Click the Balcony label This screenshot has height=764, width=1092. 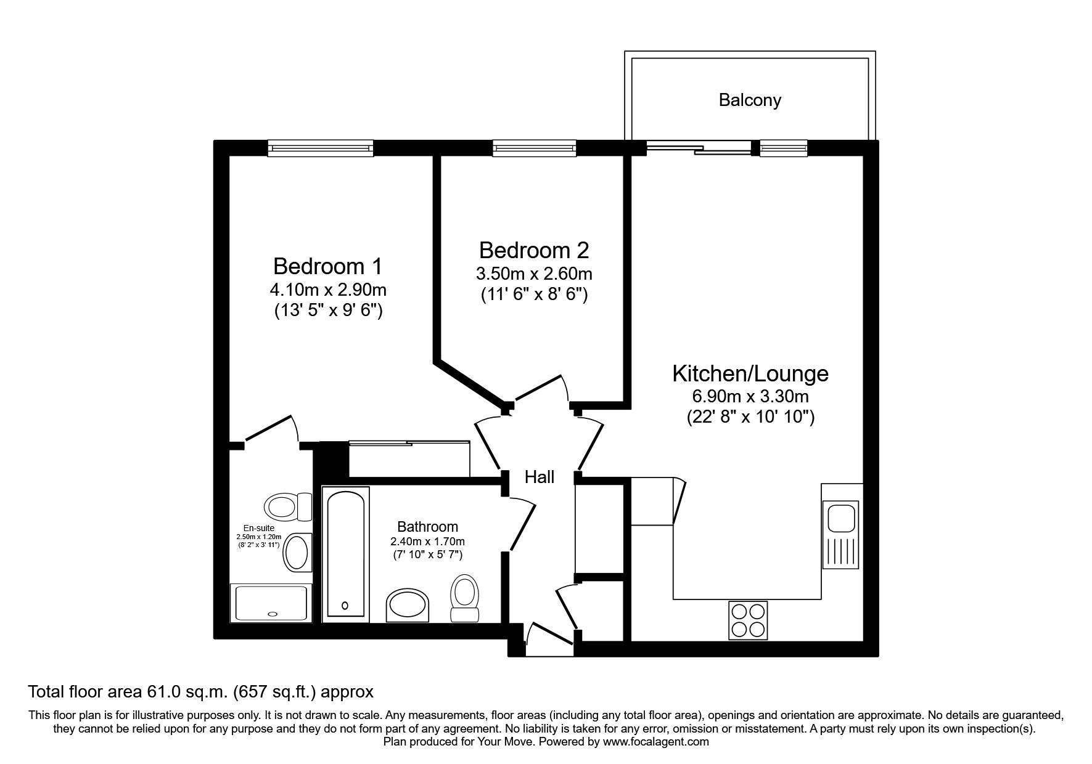[749, 100]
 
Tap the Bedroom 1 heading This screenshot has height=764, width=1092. [327, 266]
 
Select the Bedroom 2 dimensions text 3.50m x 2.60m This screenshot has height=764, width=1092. [533, 273]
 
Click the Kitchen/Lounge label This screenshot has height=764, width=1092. [750, 373]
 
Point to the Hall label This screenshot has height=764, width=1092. [540, 477]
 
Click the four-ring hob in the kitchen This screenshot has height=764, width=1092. [749, 619]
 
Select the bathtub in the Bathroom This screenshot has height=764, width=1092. [345, 553]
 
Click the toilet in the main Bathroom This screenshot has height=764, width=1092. [464, 596]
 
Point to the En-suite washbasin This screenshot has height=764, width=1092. [297, 553]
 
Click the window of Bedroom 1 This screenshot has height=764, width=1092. [321, 148]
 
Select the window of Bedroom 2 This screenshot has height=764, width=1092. [534, 148]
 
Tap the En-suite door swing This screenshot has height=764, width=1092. [271, 430]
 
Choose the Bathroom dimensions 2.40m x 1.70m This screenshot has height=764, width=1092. [427, 542]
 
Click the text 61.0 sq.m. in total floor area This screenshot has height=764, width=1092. [189, 692]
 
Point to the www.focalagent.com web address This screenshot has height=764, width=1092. [656, 742]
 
